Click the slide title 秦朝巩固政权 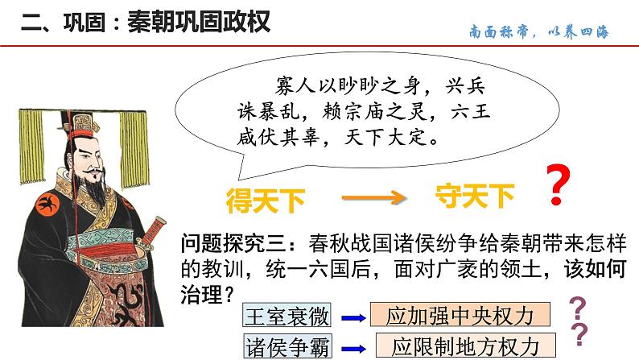[198, 19]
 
